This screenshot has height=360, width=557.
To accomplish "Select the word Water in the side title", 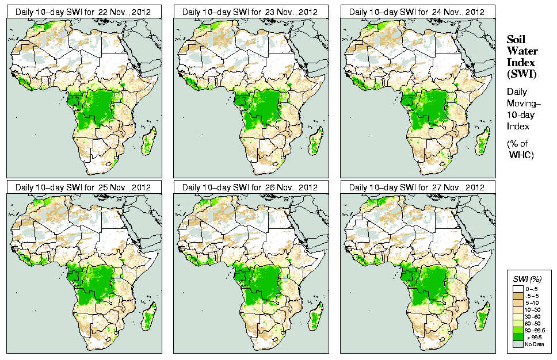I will click(520, 51).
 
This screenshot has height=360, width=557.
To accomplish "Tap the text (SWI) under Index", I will click(521, 74).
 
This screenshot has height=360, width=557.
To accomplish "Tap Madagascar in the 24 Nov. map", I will click(484, 141).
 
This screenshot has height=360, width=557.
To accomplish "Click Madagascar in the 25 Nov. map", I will click(150, 316).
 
